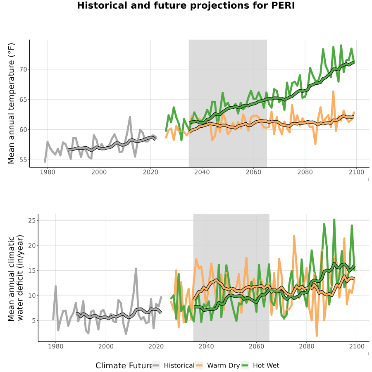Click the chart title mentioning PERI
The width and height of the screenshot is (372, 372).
click(186, 5)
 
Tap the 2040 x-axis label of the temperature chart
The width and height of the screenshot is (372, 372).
click(202, 172)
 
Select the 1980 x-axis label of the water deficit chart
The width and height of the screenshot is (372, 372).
click(56, 346)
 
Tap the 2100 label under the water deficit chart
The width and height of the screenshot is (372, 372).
click(357, 346)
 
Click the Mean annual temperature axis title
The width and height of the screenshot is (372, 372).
click(11, 103)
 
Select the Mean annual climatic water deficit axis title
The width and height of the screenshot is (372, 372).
click(16, 278)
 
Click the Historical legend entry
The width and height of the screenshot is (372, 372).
click(174, 365)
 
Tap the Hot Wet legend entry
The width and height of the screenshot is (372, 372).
click(260, 365)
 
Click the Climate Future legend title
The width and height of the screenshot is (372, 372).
click(124, 366)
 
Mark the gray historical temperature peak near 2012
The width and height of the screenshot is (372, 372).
click(130, 117)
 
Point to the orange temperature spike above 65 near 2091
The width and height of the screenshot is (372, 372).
click(333, 91)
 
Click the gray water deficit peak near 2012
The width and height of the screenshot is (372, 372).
click(136, 269)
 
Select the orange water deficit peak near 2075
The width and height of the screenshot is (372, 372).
click(294, 236)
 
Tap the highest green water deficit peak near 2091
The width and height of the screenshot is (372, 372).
click(334, 220)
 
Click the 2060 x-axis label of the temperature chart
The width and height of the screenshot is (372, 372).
click(253, 172)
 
